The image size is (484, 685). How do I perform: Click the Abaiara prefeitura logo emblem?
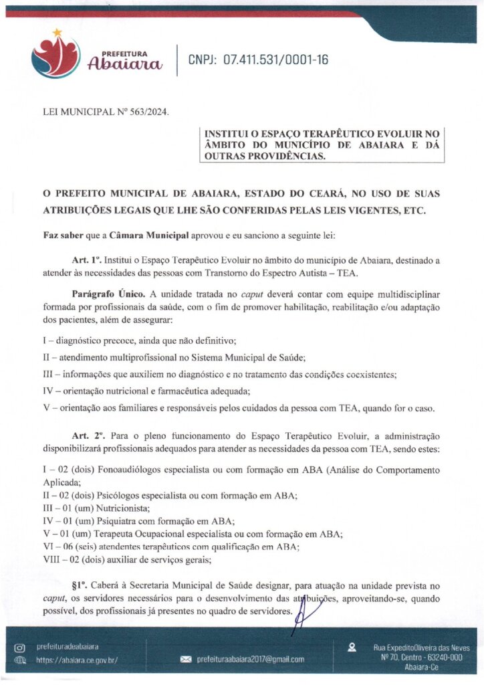coord(55,56)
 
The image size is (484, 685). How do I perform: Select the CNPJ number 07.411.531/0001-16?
coord(275,60)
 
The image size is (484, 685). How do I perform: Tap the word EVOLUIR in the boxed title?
coord(387,134)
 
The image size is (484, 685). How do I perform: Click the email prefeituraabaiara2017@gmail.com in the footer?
coord(250,660)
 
